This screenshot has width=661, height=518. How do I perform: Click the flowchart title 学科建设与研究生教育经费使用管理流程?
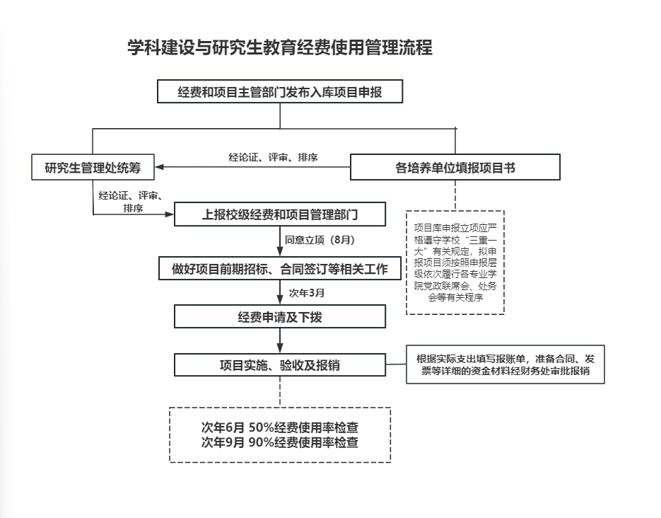pos(280,47)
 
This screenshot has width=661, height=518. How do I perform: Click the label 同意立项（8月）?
pos(320,240)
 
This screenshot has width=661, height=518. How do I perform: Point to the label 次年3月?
pos(307,293)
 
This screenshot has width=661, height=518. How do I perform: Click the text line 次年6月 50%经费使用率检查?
pos(280,427)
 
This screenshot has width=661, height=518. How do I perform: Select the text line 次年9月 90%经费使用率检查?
pos(280,442)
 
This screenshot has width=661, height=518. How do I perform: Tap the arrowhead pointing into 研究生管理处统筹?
pos(160,166)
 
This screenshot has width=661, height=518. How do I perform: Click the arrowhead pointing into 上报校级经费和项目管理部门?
pos(169,214)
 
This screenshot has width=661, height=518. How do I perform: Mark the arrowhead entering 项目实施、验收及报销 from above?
pos(280,348)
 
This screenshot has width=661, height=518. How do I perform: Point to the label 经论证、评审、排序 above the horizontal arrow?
pos(273,157)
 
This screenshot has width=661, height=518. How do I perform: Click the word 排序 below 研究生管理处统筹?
pos(133,208)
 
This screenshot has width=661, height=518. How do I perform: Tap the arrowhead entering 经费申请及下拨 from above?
pos(280,299)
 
